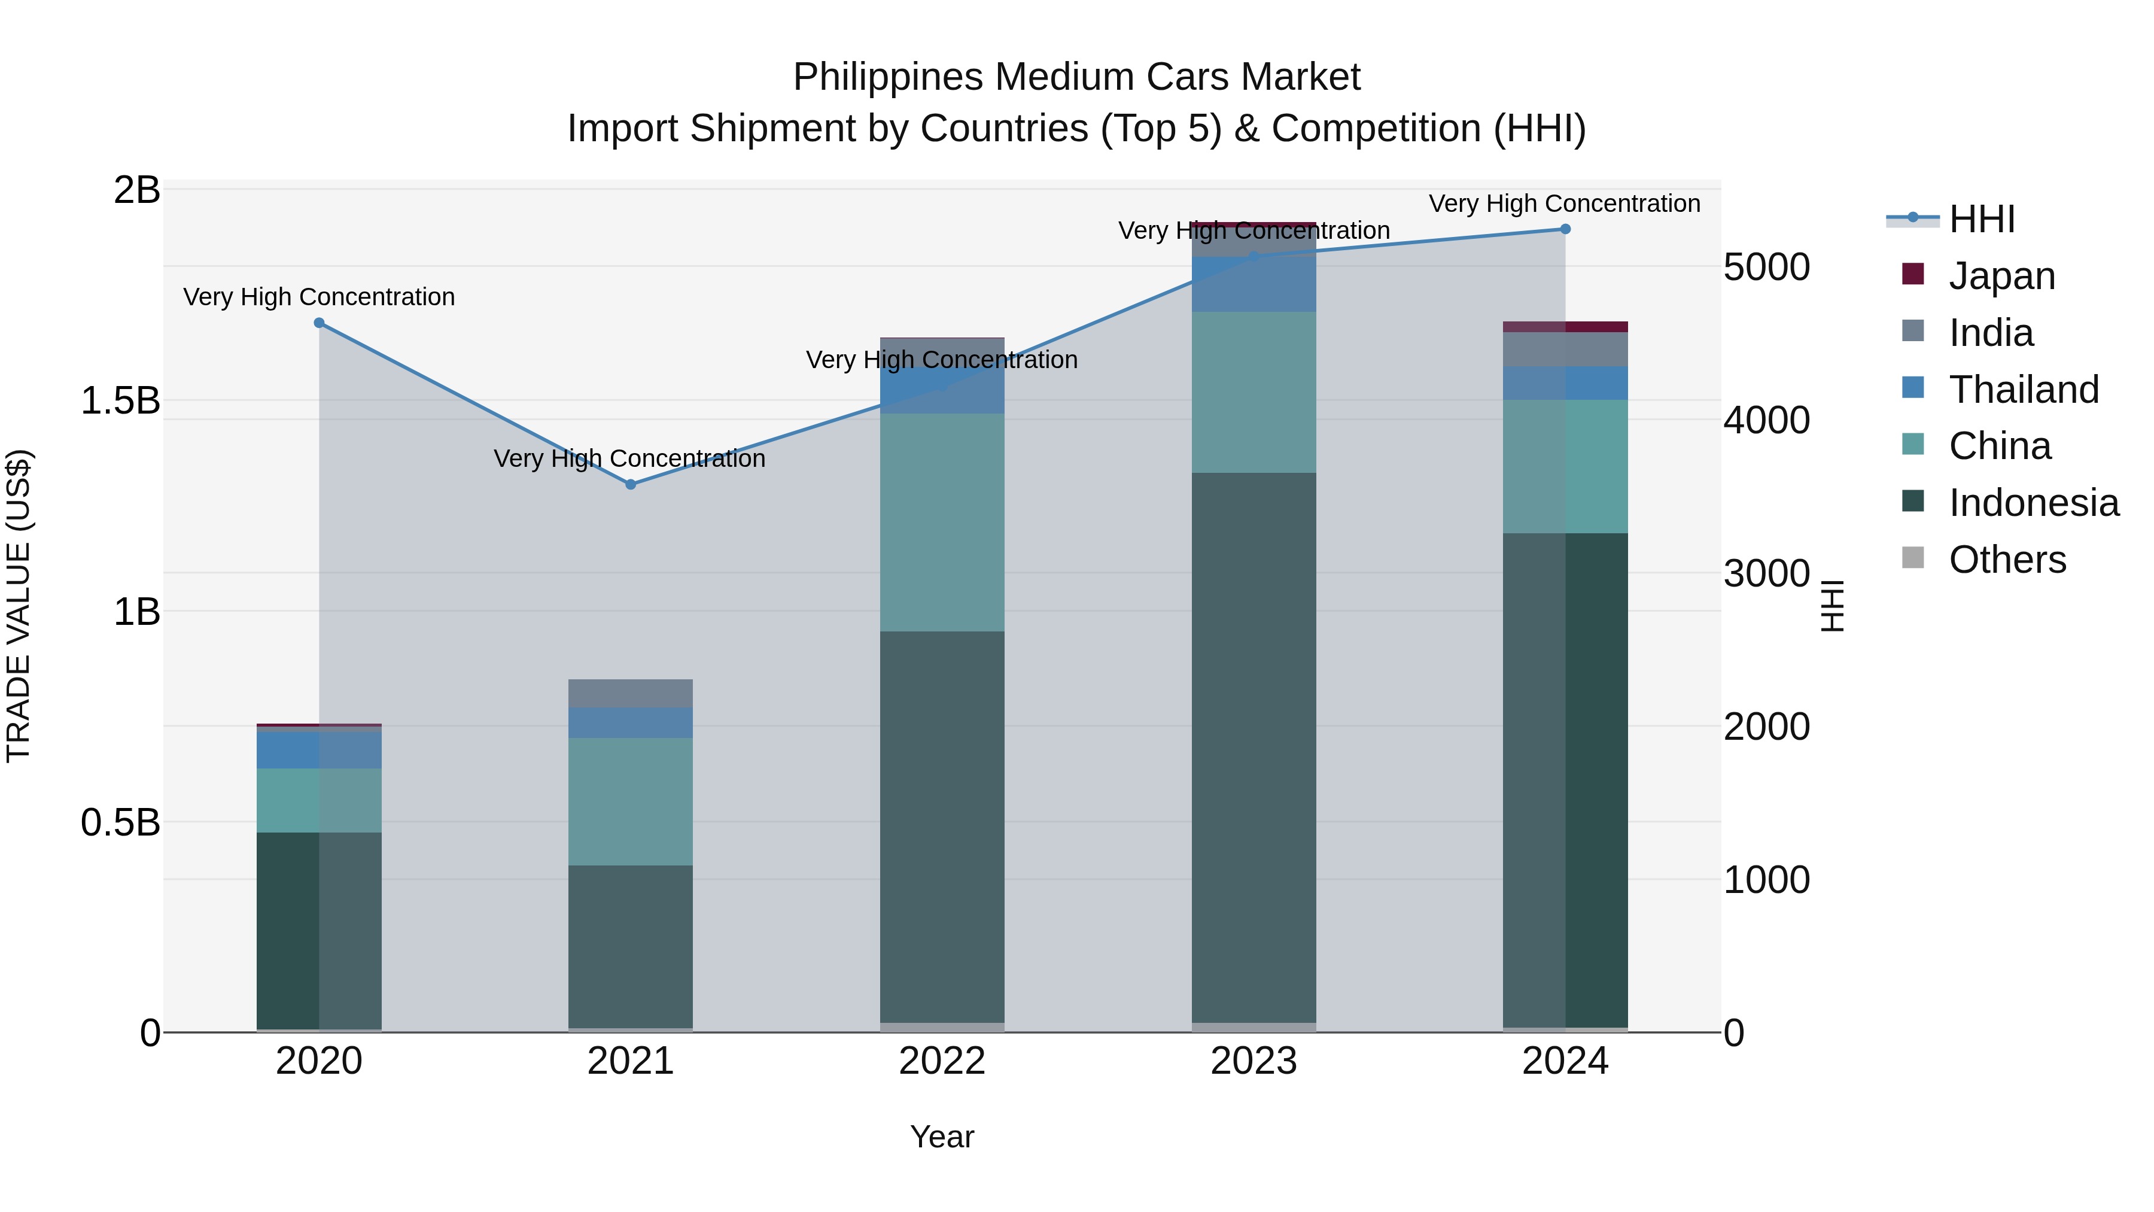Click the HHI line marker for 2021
point(631,484)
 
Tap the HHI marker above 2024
point(1565,229)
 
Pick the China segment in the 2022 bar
point(942,522)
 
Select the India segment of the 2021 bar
point(631,694)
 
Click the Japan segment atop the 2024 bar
point(1565,327)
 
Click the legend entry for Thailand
point(2024,390)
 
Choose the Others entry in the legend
point(2007,560)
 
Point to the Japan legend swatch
point(1913,274)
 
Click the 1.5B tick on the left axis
point(120,400)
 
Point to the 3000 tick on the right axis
point(1766,574)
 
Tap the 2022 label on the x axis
point(942,1061)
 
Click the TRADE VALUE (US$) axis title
point(19,606)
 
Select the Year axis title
point(942,1137)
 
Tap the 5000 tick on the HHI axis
point(1766,268)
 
